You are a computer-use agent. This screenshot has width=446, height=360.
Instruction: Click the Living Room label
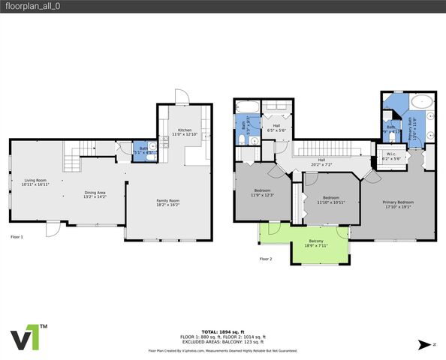(x=36, y=182)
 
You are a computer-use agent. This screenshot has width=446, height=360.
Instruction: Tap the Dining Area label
(x=95, y=193)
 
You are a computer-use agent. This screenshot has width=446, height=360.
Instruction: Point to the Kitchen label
(x=184, y=132)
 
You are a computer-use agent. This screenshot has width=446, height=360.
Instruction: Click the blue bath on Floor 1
(x=143, y=149)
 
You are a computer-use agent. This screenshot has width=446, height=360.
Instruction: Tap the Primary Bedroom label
(x=399, y=205)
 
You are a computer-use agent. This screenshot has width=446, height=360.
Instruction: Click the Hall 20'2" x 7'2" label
(x=321, y=161)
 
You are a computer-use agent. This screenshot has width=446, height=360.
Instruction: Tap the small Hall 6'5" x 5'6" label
(x=276, y=127)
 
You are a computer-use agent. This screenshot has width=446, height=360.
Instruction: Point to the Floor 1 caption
(x=17, y=237)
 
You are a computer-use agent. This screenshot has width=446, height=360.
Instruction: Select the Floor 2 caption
(x=265, y=259)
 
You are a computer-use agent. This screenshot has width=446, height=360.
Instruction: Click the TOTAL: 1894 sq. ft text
(x=222, y=331)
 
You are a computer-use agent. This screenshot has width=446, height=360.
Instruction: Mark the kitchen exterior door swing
(x=180, y=97)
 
